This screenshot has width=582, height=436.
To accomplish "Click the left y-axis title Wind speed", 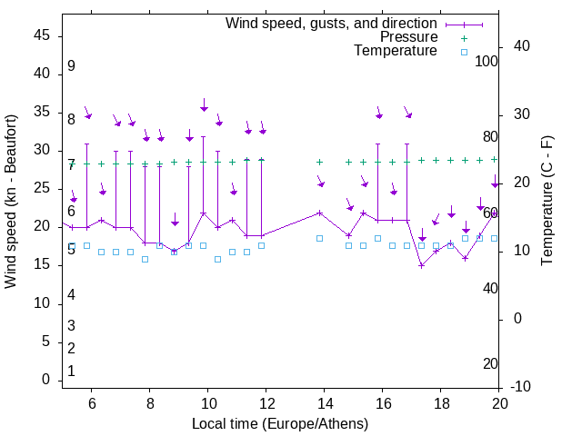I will [x=11, y=201].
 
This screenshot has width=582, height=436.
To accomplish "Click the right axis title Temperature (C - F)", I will [x=547, y=201].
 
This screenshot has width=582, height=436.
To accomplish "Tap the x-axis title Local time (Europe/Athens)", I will [x=280, y=423].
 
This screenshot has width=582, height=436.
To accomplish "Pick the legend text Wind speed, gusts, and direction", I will [x=332, y=23].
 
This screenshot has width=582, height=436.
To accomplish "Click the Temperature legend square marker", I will [x=464, y=52].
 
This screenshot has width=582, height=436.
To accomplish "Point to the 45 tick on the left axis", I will [x=42, y=35].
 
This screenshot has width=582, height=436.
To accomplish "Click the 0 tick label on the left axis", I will [x=45, y=381].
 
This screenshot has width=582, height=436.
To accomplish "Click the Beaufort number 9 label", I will [x=71, y=66].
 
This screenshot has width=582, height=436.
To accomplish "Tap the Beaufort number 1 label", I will [x=71, y=372].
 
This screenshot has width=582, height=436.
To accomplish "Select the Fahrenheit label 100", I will [x=487, y=62].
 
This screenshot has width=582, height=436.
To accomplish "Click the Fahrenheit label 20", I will [x=490, y=364].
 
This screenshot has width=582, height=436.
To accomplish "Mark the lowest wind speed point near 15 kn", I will [x=421, y=265].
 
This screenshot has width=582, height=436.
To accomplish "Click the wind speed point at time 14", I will [x=319, y=213].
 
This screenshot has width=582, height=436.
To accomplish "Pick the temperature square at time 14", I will [x=319, y=238].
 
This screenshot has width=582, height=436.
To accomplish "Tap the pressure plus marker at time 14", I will [x=319, y=162].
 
